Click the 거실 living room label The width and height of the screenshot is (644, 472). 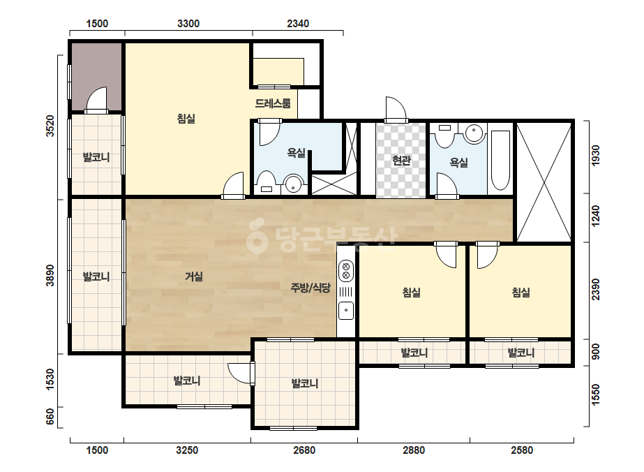tap(194, 276)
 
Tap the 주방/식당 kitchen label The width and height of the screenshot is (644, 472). tap(310, 288)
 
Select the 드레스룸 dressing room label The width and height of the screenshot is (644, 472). tap(273, 103)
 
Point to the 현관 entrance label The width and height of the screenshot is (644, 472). tap(401, 161)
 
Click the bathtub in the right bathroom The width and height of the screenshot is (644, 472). tap(500, 161)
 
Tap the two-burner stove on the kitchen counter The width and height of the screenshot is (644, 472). tap(346, 270)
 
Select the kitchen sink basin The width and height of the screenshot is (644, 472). tap(346, 311)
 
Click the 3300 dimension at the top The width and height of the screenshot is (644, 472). tap(188, 24)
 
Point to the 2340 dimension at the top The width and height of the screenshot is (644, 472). tap(298, 24)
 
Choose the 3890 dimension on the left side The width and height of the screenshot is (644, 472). tap(50, 275)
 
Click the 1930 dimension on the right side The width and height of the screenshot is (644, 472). tap(595, 156)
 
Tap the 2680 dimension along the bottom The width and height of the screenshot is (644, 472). tap(304, 450)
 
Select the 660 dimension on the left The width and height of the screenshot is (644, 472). tap(50, 417)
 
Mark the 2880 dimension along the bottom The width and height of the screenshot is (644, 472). tap(414, 450)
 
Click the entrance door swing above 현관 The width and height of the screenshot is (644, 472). tap(396, 109)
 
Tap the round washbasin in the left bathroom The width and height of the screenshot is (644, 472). tap(293, 184)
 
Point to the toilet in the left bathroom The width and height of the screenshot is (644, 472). tap(267, 182)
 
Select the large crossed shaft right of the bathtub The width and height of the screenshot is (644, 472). tap(544, 182)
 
